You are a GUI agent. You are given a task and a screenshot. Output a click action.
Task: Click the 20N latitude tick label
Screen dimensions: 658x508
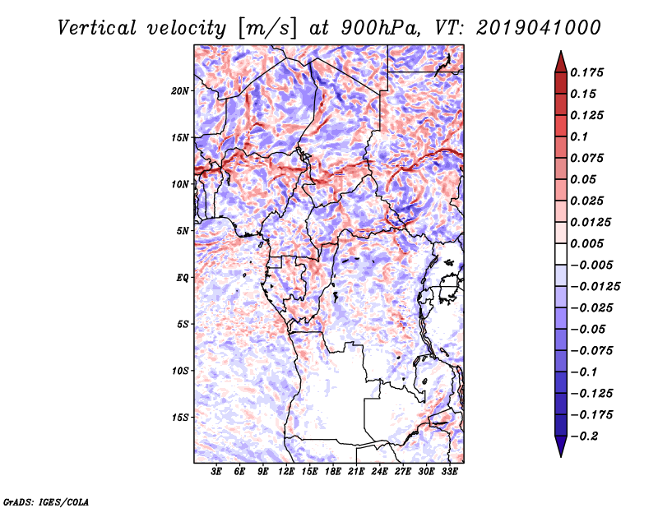click(179, 91)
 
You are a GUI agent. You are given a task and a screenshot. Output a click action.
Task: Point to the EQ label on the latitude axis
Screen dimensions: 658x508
click(183, 278)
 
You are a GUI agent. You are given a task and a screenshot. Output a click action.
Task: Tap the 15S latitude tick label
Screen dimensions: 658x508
click(179, 418)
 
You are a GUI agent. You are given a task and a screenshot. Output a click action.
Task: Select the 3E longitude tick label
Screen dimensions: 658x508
click(216, 471)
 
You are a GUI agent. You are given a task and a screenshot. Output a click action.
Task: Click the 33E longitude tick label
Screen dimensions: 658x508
click(449, 471)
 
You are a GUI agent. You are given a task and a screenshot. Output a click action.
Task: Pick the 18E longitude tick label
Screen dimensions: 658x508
click(333, 471)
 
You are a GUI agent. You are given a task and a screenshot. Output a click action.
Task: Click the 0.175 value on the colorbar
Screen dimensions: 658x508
click(586, 72)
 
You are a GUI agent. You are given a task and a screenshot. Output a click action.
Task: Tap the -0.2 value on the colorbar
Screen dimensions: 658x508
click(584, 436)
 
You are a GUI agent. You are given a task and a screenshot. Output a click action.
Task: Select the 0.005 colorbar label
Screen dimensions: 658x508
click(586, 243)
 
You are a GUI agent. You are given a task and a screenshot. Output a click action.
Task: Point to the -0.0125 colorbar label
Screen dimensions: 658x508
click(595, 287)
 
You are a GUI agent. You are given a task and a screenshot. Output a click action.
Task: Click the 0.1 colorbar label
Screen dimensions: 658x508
click(579, 136)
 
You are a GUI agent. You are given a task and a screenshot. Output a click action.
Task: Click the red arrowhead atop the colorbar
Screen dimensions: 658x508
click(561, 62)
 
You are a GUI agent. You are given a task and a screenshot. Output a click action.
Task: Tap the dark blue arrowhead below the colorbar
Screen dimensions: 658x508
click(561, 446)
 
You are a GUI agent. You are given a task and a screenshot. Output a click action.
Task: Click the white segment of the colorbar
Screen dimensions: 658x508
click(561, 254)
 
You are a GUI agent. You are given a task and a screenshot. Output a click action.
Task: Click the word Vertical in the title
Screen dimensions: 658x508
click(97, 28)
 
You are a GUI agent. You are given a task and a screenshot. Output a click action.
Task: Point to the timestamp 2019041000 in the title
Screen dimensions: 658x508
click(539, 28)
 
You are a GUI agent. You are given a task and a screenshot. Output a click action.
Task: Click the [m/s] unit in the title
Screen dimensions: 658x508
click(267, 29)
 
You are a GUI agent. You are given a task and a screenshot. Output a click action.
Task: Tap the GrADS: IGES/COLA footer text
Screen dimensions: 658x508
click(46, 501)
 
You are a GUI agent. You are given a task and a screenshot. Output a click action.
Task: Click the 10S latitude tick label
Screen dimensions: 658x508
click(179, 372)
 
